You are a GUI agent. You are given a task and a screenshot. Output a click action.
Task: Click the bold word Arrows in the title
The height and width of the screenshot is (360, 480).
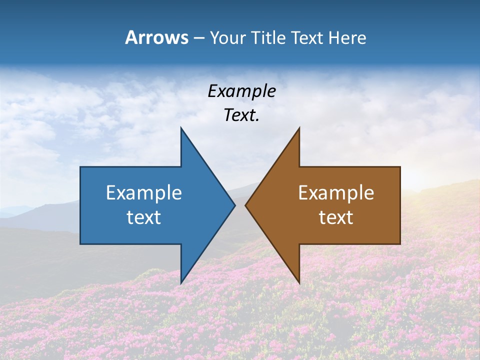(156, 37)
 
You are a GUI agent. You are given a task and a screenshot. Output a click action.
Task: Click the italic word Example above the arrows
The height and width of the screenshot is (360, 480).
(241, 91)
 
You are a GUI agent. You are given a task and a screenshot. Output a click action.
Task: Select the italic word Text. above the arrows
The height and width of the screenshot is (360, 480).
(241, 115)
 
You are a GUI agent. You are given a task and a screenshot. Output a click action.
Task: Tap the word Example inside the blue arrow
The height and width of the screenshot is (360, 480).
(144, 193)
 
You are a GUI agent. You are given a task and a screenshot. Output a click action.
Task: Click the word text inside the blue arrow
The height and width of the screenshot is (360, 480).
(144, 217)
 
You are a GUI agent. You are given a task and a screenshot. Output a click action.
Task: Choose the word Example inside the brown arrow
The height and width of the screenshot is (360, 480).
(336, 193)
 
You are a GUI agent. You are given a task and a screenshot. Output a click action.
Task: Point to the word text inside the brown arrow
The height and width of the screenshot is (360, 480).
(336, 217)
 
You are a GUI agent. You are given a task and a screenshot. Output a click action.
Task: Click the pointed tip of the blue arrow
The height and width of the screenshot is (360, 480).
(234, 205)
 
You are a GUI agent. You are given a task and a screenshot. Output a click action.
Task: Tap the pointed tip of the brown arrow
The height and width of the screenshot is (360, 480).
(245, 205)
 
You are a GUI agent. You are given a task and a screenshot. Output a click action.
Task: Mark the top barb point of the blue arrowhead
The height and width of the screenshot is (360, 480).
(181, 128)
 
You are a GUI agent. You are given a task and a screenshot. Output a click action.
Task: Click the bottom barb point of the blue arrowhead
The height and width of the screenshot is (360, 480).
(181, 283)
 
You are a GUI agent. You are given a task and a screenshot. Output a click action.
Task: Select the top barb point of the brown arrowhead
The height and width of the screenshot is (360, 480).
(299, 128)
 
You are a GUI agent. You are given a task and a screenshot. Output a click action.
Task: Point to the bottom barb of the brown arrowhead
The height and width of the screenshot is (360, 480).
(299, 283)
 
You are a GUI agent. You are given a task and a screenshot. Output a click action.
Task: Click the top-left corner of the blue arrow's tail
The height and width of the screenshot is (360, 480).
(80, 167)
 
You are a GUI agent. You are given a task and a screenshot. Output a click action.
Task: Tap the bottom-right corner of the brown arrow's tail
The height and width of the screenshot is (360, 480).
(400, 244)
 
